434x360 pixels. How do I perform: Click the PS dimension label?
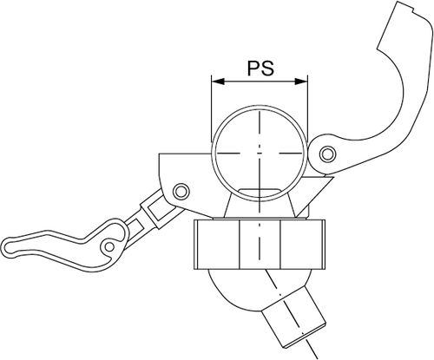(260, 69)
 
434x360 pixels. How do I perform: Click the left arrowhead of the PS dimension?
(218, 82)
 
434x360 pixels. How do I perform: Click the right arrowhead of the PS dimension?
(301, 82)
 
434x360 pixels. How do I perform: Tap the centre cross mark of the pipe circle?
(260, 153)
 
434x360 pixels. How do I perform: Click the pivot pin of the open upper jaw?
(327, 154)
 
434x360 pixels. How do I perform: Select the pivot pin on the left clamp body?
(181, 191)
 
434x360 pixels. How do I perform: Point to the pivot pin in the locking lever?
(109, 246)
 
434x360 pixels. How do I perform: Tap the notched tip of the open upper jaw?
(405, 7)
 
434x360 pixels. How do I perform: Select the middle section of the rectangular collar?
(260, 245)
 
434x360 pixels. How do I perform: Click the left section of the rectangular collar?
(217, 245)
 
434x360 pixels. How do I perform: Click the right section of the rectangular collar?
(303, 245)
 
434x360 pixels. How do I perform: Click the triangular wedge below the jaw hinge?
(315, 193)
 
